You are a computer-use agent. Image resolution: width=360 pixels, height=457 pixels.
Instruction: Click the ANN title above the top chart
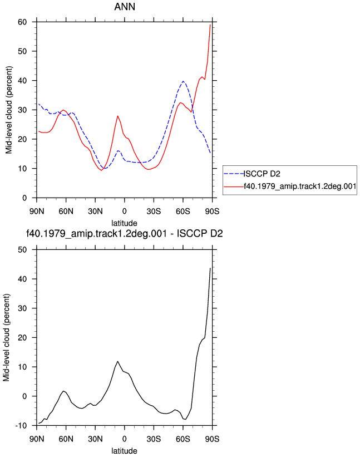[125, 7]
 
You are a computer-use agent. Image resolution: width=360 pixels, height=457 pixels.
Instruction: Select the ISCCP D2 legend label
[262, 174]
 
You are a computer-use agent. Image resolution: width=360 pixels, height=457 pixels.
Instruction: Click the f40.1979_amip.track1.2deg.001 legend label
[300, 186]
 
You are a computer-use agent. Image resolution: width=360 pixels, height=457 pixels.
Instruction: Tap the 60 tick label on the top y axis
[22, 22]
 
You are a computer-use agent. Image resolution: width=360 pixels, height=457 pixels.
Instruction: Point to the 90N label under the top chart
[37, 212]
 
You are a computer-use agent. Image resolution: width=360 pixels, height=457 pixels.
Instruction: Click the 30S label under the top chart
[154, 212]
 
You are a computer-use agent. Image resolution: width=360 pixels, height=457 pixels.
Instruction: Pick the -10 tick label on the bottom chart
[21, 426]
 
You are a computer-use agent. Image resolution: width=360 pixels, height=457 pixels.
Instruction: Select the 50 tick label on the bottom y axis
[22, 250]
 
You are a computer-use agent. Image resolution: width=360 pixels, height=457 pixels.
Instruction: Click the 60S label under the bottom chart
[183, 439]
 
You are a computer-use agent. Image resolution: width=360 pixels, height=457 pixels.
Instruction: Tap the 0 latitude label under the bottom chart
[125, 439]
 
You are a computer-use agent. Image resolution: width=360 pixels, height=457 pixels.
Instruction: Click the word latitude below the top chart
[125, 223]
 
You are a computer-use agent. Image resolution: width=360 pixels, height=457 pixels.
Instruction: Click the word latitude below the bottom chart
[125, 451]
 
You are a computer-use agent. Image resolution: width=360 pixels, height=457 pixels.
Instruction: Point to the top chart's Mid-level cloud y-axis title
[9, 110]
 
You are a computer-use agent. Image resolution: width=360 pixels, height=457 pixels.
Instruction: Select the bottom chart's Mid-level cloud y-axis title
[7, 337]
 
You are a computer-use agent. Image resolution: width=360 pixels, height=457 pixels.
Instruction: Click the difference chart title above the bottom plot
[125, 233]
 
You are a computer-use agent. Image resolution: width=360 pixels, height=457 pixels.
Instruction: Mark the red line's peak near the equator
[117, 116]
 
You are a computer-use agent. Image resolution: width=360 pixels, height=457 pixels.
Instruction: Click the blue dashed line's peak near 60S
[183, 81]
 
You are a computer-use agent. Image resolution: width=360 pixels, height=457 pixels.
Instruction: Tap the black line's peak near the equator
[117, 361]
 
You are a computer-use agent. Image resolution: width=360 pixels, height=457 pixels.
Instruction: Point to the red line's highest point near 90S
[210, 25]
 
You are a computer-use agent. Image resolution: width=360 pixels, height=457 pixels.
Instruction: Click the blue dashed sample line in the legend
[234, 174]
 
